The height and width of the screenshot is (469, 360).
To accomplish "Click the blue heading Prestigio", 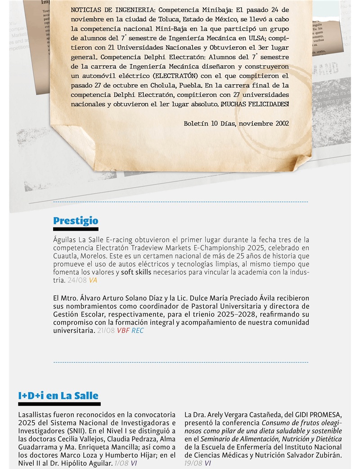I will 75,221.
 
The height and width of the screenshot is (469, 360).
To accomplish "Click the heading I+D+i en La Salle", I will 58,396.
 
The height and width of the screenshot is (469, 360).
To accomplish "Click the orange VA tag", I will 93,280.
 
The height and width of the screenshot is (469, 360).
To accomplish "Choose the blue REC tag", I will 138,331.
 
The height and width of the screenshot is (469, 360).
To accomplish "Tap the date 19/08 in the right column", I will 193,463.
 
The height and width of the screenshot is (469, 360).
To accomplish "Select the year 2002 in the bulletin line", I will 281,122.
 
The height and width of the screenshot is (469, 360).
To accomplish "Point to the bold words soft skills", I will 137,272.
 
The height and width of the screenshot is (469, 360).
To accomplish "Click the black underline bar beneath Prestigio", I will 75,229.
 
